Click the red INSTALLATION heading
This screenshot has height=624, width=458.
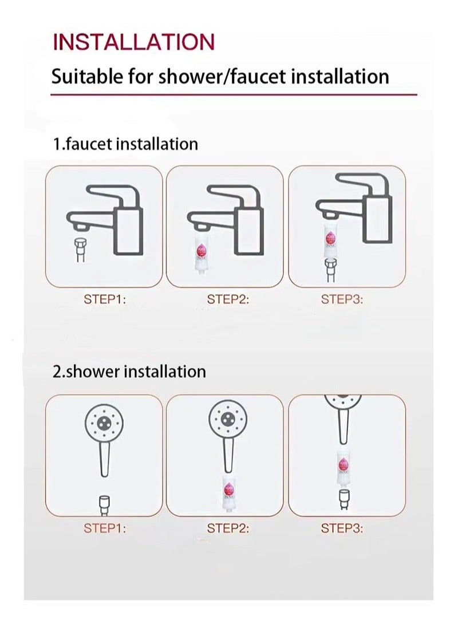[x=133, y=42]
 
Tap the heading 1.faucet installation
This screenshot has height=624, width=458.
[x=125, y=144]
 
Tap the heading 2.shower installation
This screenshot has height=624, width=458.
[x=129, y=372]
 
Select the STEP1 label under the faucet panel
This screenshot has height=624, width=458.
[x=105, y=299]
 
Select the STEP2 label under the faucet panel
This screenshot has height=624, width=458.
[x=228, y=299]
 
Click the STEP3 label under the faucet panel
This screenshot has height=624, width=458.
[x=342, y=299]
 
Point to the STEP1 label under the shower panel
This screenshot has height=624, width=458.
[x=105, y=528]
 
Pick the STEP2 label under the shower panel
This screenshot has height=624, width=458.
[x=228, y=528]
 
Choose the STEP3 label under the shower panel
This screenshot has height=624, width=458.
[x=342, y=528]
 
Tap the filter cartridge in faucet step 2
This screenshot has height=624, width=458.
[x=201, y=251]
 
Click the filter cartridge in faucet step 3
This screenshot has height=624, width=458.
[x=330, y=241]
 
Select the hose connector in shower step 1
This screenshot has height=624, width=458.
[x=104, y=504]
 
